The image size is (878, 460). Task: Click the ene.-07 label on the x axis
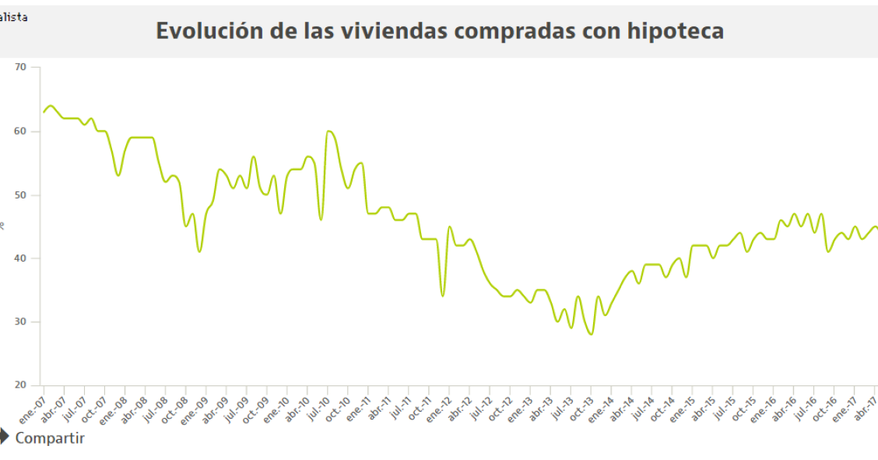click(x=33, y=403)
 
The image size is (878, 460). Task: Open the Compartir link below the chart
click(x=50, y=438)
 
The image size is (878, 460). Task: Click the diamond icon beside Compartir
click(x=5, y=437)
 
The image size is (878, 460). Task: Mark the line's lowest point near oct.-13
click(x=592, y=334)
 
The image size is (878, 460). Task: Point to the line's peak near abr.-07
click(x=51, y=105)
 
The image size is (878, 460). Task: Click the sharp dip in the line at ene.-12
click(x=442, y=296)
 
